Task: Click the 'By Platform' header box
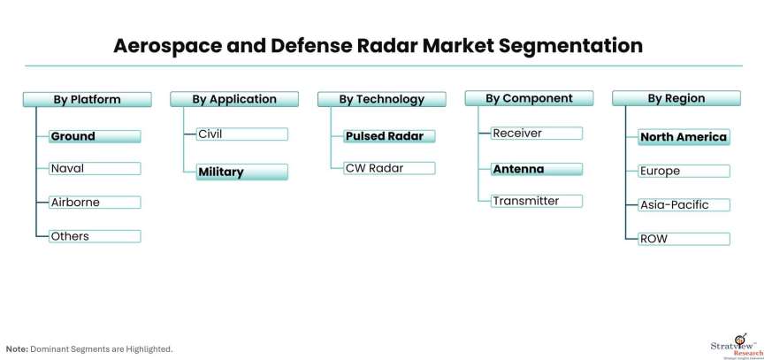pos(87,100)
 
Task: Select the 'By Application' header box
pos(234,100)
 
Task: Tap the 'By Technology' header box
pos(382,100)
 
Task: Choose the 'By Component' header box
pos(529,99)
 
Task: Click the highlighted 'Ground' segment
pos(95,137)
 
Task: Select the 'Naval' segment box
pos(95,168)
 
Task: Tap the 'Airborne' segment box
pos(95,203)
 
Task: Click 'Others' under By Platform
pos(95,236)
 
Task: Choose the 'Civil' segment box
pos(241,134)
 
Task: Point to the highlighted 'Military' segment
pos(241,172)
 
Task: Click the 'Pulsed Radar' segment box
pos(389,137)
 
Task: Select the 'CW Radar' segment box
pos(389,168)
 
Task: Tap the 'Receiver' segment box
pos(536,134)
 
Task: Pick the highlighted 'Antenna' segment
pos(536,169)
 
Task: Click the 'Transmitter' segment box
pos(536,201)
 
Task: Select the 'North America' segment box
pos(684,137)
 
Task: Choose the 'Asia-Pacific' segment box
pos(684,205)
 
